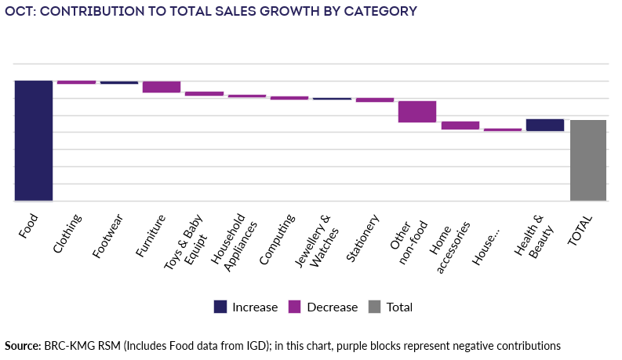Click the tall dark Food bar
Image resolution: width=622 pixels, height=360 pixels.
(x=34, y=140)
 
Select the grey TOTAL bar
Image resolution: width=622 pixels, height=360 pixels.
(x=588, y=160)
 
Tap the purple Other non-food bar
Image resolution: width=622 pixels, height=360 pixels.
(x=417, y=111)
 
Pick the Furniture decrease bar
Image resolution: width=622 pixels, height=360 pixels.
(x=162, y=87)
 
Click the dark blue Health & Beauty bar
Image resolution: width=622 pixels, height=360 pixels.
(x=545, y=125)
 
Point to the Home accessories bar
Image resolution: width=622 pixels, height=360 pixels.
(x=460, y=125)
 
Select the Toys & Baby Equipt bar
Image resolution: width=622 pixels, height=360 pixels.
(x=204, y=93)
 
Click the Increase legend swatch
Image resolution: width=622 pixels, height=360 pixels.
(x=220, y=307)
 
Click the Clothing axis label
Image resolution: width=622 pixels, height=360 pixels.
(x=68, y=234)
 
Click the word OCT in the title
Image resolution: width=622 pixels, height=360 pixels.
(x=17, y=11)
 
